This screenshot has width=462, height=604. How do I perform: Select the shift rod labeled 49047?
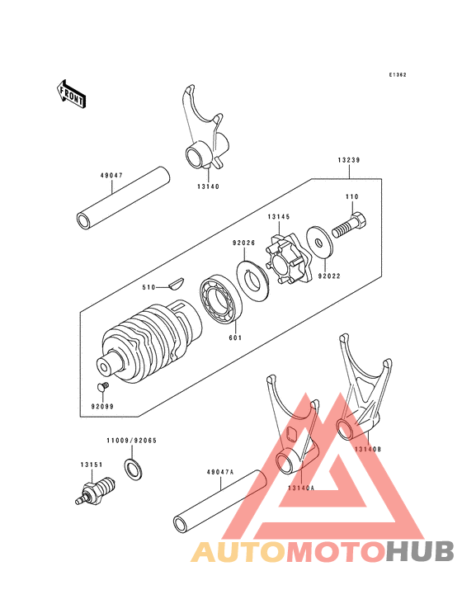point(123,198)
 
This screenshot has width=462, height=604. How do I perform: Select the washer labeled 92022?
point(318,238)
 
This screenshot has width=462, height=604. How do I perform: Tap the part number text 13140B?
point(368,448)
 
